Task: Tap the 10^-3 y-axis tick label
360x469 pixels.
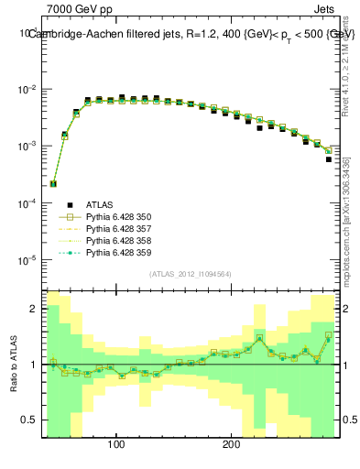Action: pos(27,147)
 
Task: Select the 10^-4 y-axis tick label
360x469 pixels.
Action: pos(27,203)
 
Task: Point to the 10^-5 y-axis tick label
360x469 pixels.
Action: pos(27,260)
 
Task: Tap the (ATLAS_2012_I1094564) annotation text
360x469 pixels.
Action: pos(190,273)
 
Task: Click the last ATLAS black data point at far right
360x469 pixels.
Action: pos(329,159)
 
